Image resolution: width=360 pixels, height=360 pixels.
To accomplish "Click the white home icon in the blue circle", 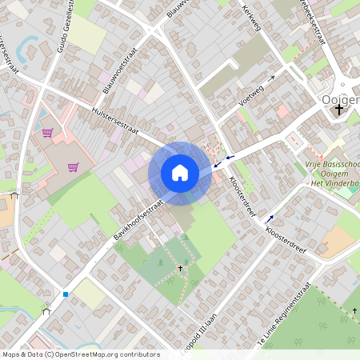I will point(180,172).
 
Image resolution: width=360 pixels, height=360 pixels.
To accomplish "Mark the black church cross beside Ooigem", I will point(339,109).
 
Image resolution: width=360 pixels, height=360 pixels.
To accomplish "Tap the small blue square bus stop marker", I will point(66,294).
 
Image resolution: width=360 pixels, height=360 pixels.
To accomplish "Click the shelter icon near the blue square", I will point(46,311).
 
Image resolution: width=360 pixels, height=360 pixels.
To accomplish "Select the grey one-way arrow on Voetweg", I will point(272,79).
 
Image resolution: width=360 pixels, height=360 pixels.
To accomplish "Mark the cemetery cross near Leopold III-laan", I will point(180,269).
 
